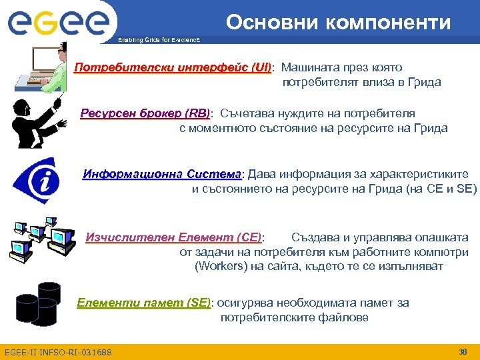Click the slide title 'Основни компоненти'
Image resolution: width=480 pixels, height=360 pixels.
[x=338, y=22]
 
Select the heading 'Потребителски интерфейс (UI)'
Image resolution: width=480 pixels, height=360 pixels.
[x=173, y=68]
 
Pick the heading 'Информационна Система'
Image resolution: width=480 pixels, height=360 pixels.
[x=163, y=175]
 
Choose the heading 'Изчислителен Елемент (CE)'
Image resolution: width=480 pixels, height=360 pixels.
[x=174, y=237]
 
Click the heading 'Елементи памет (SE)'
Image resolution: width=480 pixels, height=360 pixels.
[x=143, y=303]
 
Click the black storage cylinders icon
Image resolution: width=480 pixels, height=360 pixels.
[x=38, y=303]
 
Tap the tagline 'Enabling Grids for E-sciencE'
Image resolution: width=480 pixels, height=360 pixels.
[x=158, y=41]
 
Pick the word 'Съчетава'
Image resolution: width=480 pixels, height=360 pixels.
[x=245, y=113]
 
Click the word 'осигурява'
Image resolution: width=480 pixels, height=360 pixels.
[x=245, y=303]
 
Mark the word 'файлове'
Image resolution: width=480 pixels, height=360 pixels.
[x=342, y=318]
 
